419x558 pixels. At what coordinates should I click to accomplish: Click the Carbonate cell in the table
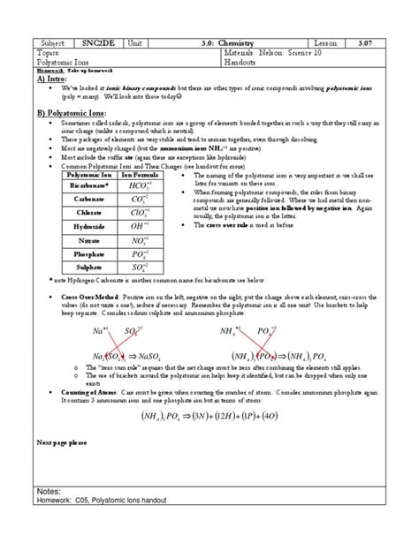click(88, 200)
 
